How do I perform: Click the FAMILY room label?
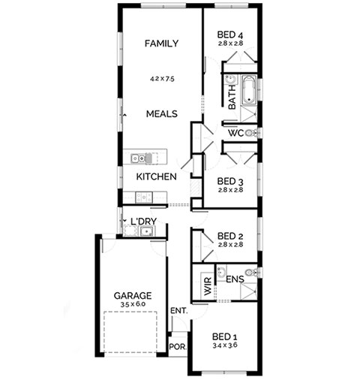coord(161,44)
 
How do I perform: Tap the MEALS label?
coord(162,114)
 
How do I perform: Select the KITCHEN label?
coord(156,176)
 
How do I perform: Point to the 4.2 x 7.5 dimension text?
coord(162,79)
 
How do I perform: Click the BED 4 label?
coord(230,35)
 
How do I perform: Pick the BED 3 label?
coord(230,181)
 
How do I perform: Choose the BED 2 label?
coord(230,236)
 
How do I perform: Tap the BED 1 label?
coord(225,336)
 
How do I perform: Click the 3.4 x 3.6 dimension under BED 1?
coord(225,345)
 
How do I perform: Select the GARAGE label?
coord(133,296)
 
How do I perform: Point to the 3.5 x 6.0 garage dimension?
coord(133,304)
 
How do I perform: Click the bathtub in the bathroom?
coord(249,90)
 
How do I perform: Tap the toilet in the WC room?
coord(251,133)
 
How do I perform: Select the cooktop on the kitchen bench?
coord(144,198)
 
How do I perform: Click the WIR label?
coord(208,286)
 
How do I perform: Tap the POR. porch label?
coord(178,347)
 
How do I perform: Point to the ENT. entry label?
coord(178,311)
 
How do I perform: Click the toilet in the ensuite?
coord(251,273)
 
